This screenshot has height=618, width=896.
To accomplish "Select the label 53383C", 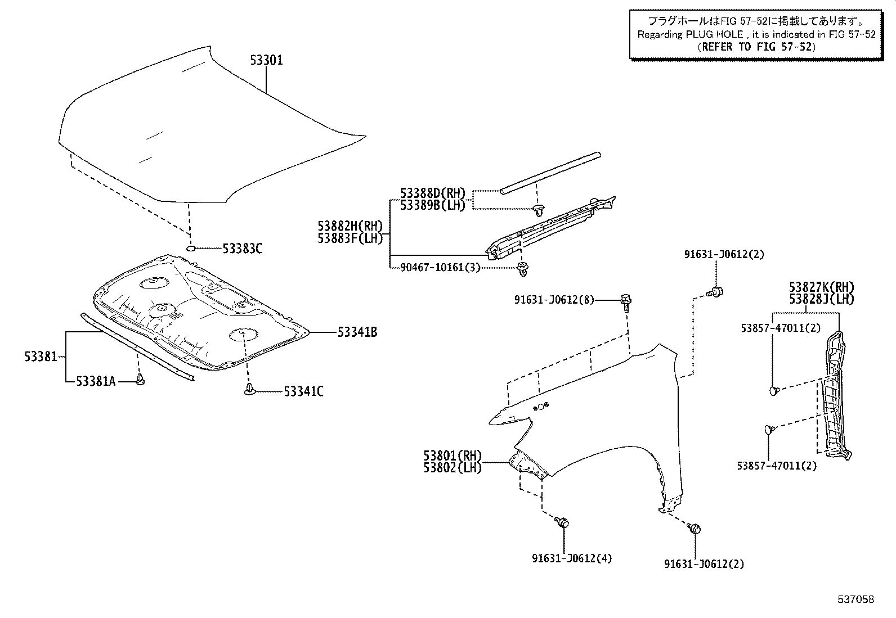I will point(242,249).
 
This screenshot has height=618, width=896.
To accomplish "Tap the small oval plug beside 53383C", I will point(191,248).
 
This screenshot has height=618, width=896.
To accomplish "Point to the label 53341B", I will point(357,332).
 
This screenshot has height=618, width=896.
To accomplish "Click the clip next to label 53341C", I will point(250,389).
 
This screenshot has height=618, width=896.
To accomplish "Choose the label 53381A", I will point(96,382).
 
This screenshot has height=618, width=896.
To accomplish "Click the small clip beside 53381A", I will point(141,381).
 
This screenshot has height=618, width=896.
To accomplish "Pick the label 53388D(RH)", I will point(433,193).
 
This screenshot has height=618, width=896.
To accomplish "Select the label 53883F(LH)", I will point(350,238).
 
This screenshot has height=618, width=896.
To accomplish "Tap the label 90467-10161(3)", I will point(441,268).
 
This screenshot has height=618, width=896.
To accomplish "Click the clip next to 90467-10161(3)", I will point(523,269).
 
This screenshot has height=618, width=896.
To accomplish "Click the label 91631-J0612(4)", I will point(571,558).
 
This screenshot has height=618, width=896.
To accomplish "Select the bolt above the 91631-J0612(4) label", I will point(562,522).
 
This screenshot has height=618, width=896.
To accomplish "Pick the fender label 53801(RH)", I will point(453,455).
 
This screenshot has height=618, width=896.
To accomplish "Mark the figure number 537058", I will point(855,599).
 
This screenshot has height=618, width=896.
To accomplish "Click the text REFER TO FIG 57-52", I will point(755,47).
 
